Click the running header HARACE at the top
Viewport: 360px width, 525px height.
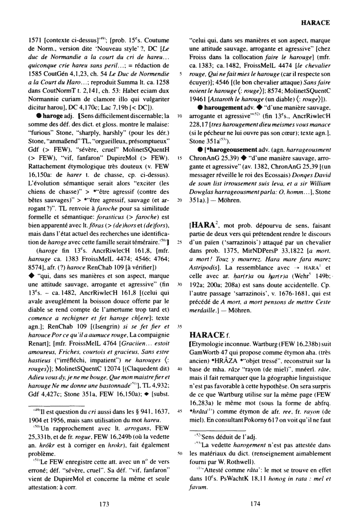tap(315, 23)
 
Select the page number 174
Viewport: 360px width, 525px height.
tap(255, 504)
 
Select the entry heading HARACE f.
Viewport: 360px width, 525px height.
tap(210, 334)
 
